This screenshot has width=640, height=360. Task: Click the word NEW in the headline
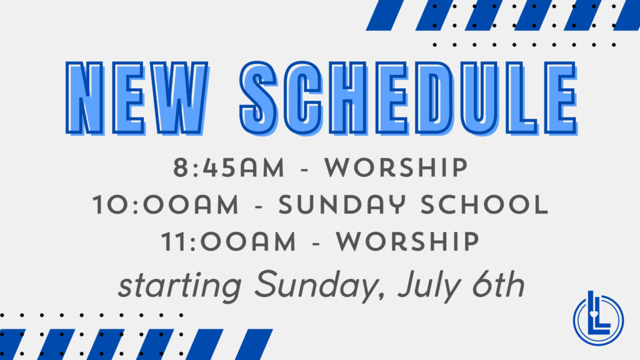(x=137, y=98)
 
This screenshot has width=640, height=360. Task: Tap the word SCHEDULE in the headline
(x=409, y=98)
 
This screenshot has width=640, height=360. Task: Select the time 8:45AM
(x=229, y=167)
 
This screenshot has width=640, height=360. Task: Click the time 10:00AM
(x=165, y=204)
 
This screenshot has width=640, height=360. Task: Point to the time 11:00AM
(x=229, y=241)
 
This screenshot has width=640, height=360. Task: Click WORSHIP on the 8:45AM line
(x=396, y=167)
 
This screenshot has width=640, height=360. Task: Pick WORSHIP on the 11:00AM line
(x=407, y=241)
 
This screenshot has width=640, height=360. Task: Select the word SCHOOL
(x=484, y=204)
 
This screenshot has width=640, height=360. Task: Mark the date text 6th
(x=498, y=284)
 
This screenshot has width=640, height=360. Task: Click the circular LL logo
(x=598, y=318)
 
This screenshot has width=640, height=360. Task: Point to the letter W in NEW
(x=179, y=98)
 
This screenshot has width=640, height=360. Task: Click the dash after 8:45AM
(x=304, y=169)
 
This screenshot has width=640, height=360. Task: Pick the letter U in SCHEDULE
(x=480, y=98)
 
